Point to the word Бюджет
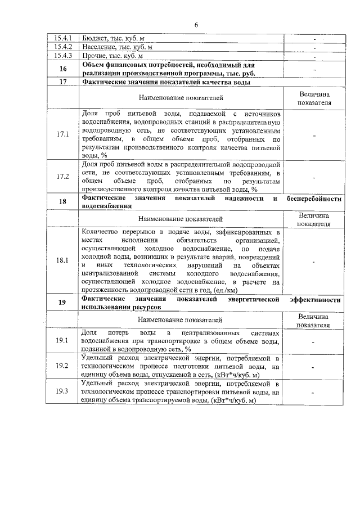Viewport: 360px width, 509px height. [94, 38]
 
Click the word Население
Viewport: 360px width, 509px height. [99, 47]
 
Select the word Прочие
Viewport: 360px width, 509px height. [94, 56]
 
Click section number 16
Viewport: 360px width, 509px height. [63, 69]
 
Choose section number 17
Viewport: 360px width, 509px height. [63, 82]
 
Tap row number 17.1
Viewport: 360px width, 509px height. [63, 135]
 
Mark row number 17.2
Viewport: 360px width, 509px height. [63, 177]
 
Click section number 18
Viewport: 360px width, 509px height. [63, 202]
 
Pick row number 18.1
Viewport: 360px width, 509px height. [63, 260]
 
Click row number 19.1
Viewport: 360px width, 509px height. [63, 340]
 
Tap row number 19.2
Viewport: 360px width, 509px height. [63, 366]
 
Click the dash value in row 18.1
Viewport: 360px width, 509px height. [313, 261]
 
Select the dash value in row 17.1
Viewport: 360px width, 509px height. [313, 136]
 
